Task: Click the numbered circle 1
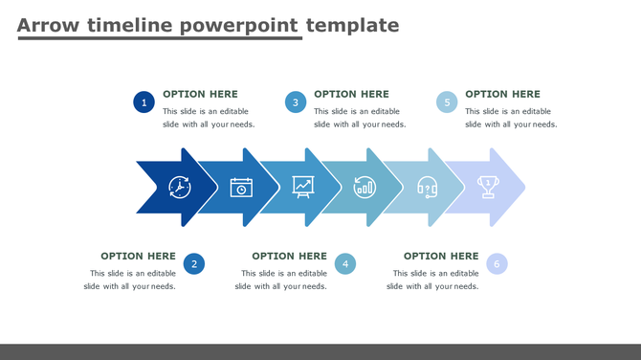click(144, 102)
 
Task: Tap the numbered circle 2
click(194, 264)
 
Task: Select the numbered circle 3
click(296, 102)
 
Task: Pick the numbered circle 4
click(345, 264)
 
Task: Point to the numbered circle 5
click(447, 102)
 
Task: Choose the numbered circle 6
click(497, 264)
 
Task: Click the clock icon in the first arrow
click(180, 187)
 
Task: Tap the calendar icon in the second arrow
click(241, 187)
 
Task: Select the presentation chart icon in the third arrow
click(303, 187)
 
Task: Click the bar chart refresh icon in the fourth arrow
click(365, 187)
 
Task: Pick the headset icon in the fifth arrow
click(427, 187)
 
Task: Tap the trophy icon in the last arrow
click(488, 187)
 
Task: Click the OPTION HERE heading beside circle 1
click(200, 94)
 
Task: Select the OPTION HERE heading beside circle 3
click(351, 94)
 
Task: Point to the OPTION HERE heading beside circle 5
click(502, 94)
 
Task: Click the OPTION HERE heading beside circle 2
click(138, 256)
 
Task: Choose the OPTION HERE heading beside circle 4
click(289, 256)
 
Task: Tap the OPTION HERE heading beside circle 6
click(441, 256)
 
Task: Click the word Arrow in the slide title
click(49, 25)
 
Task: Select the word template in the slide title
click(351, 25)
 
